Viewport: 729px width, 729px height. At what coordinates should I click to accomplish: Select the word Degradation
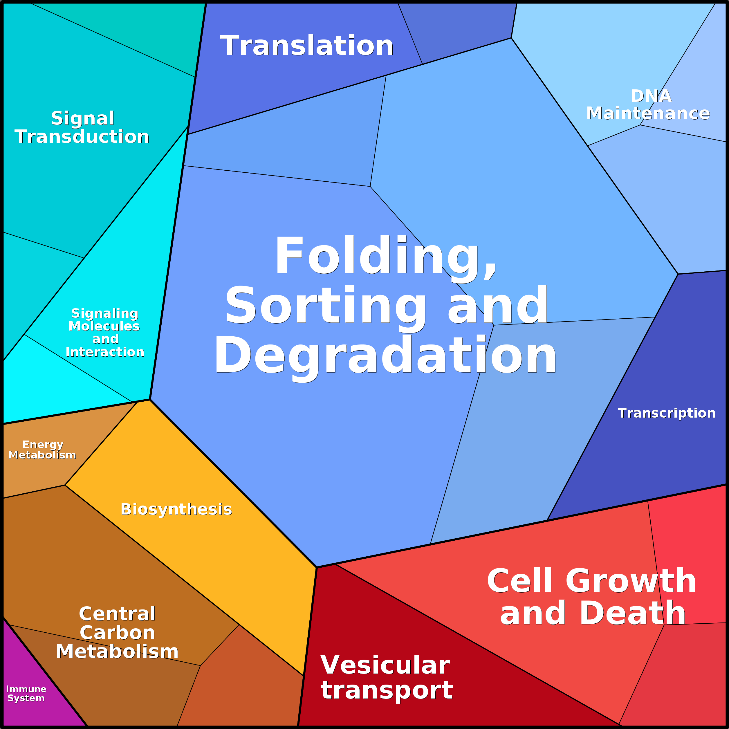point(385,356)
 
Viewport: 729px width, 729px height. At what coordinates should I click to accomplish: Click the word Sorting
point(325,306)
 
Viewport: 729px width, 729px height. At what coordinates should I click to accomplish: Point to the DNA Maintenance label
point(647,104)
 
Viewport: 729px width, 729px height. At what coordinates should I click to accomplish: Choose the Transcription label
point(666,413)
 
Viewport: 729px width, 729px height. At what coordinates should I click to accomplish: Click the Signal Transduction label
point(82,127)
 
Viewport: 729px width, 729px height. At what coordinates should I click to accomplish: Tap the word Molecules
point(104,326)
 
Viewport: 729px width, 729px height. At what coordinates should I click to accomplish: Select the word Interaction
point(105,352)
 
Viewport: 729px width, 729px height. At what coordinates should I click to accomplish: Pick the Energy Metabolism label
point(42,450)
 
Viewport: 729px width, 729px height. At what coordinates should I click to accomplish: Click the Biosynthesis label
point(176,509)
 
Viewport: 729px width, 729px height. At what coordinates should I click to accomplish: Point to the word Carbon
point(117,632)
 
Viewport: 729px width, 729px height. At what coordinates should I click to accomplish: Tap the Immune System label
point(26,694)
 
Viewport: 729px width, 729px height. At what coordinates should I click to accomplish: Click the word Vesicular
point(385,665)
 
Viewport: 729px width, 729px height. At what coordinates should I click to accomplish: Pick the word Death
point(632,613)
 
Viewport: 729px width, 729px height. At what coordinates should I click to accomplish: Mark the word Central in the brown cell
point(117,613)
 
